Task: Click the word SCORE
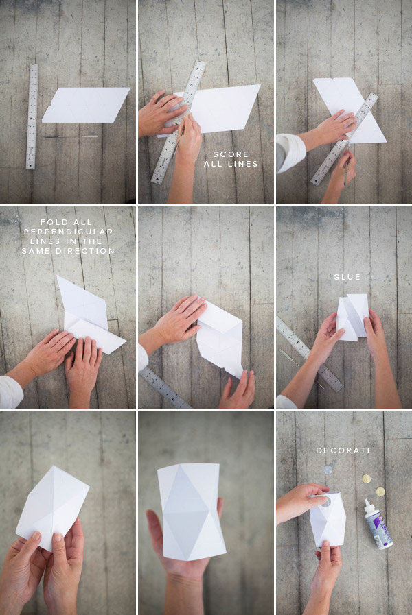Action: [231, 154]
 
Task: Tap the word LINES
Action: [241, 164]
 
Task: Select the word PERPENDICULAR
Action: [69, 232]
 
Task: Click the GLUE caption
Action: [347, 277]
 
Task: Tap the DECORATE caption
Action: [345, 450]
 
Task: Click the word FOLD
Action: [53, 222]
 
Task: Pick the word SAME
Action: [37, 251]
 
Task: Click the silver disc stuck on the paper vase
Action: [326, 502]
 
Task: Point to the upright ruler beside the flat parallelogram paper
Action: [32, 117]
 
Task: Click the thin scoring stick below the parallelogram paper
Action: [71, 136]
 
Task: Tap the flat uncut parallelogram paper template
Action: [86, 105]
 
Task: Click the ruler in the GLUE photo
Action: [310, 354]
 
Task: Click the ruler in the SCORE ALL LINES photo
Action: [179, 122]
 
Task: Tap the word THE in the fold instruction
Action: [93, 241]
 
